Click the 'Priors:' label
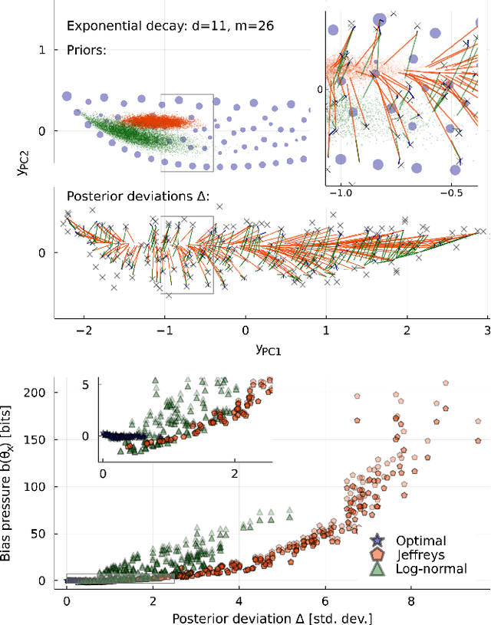(86, 51)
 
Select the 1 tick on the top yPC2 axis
(43, 50)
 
